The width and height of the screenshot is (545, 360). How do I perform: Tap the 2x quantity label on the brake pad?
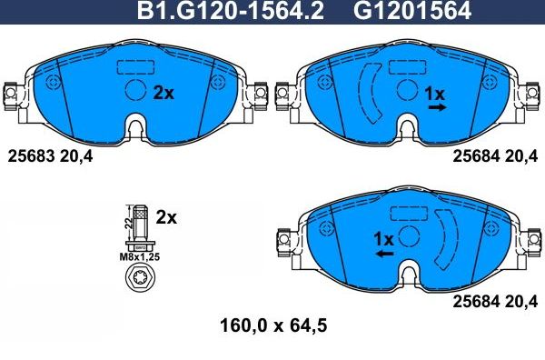(163, 92)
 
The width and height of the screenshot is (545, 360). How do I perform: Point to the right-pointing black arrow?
(437, 107)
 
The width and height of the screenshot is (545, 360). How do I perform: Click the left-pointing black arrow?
(385, 255)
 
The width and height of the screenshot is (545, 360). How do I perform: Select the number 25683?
(28, 155)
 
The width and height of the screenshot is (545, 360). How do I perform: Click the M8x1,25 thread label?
(139, 257)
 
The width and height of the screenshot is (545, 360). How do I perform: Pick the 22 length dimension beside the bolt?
(125, 222)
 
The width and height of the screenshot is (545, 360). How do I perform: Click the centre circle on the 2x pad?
(134, 91)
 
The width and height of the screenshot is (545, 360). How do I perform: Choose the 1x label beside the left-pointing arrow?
(382, 239)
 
